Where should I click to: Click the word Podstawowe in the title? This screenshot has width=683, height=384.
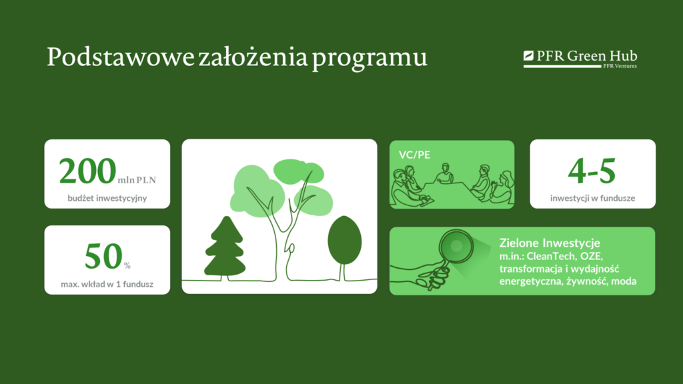pyautogui.click(x=121, y=57)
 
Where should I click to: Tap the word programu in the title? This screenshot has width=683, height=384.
pyautogui.click(x=370, y=59)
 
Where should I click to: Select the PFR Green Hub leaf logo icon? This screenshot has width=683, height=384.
pyautogui.click(x=528, y=55)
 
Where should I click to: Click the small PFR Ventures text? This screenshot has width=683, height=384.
pyautogui.click(x=620, y=66)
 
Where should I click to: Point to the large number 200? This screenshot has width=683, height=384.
pyautogui.click(x=87, y=171)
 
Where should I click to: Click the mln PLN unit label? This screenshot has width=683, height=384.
pyautogui.click(x=137, y=180)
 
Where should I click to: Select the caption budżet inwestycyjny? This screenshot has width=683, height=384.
pyautogui.click(x=107, y=198)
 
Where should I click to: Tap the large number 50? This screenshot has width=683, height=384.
pyautogui.click(x=103, y=256)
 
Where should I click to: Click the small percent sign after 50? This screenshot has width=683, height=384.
pyautogui.click(x=127, y=265)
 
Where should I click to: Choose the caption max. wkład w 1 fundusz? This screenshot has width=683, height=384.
pyautogui.click(x=107, y=284)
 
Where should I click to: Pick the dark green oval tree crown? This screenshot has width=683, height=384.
pyautogui.click(x=345, y=240)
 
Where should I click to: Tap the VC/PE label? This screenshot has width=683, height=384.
pyautogui.click(x=414, y=155)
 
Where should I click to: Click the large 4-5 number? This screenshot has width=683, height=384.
pyautogui.click(x=592, y=171)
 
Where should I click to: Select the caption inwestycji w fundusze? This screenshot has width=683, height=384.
pyautogui.click(x=592, y=198)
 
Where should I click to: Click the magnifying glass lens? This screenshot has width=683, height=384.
pyautogui.click(x=456, y=247)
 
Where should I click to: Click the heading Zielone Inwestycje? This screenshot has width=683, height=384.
pyautogui.click(x=550, y=243)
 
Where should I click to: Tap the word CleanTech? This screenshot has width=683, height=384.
pyautogui.click(x=552, y=256)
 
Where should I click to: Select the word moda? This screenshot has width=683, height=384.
pyautogui.click(x=624, y=281)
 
